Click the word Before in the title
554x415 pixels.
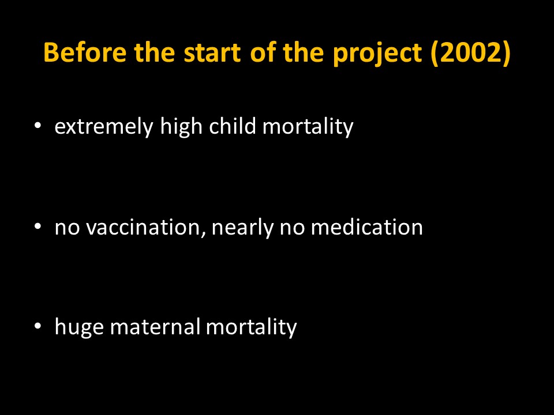(85, 52)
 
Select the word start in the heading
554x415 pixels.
(212, 53)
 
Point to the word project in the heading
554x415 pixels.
(377, 55)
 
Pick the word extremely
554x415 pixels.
(104, 127)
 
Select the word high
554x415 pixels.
(181, 126)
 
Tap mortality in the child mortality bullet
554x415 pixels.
(308, 126)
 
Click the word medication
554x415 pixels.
(367, 227)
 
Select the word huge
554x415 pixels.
(79, 327)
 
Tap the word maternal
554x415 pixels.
(155, 326)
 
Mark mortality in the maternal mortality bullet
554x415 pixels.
(251, 327)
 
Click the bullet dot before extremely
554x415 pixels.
(38, 125)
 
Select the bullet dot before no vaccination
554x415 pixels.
(38, 226)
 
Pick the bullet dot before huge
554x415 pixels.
(38, 326)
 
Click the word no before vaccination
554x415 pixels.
(67, 228)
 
